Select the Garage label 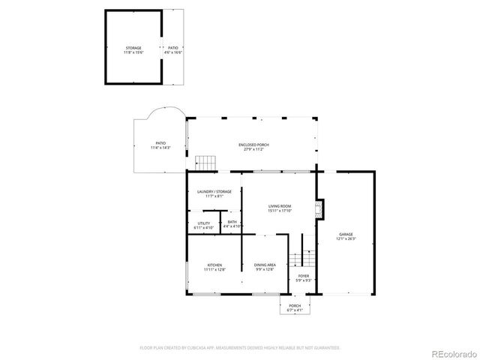345,235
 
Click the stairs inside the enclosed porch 205,162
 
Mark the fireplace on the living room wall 319,209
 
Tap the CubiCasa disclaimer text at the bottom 240,348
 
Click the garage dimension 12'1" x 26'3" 345,238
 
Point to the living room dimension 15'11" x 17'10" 280,211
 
